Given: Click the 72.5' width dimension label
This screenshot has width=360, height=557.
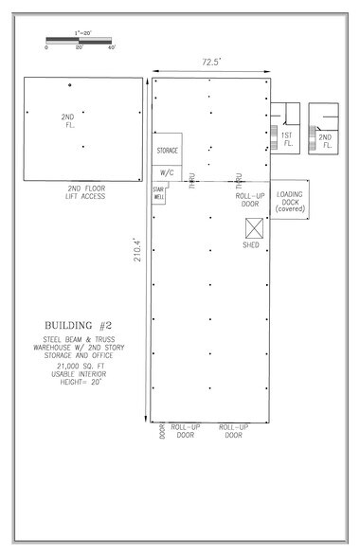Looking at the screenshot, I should pyautogui.click(x=210, y=62).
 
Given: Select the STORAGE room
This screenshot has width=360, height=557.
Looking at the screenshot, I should pyautogui.click(x=167, y=150).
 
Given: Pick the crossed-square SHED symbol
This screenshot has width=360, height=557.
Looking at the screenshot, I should pyautogui.click(x=254, y=227).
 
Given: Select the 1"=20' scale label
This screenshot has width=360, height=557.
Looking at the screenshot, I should pyautogui.click(x=80, y=34).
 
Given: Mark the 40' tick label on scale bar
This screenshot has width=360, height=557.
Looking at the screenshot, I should pyautogui.click(x=111, y=47).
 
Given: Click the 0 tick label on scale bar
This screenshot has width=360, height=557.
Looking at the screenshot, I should pyautogui.click(x=46, y=47).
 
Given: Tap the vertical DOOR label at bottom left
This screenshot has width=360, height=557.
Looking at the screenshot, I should pyautogui.click(x=160, y=433).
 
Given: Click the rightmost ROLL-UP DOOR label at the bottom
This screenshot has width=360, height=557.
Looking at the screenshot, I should pyautogui.click(x=235, y=432).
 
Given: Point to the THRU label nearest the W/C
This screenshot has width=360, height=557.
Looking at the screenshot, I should pyautogui.click(x=191, y=179).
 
